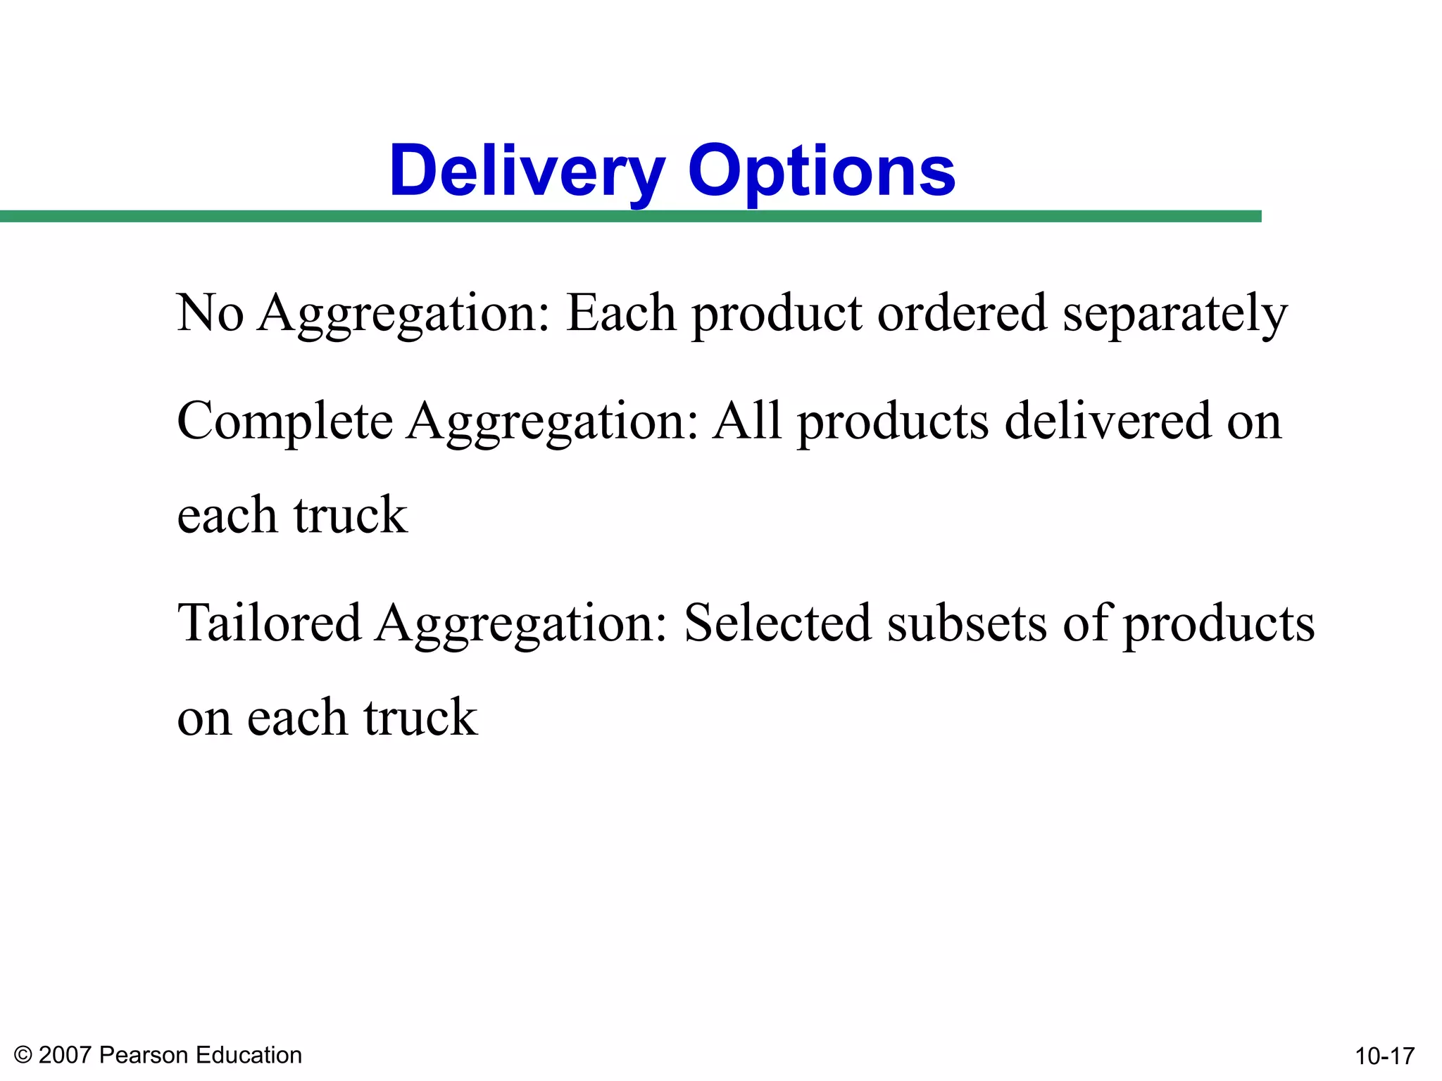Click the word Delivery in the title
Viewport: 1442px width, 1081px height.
click(x=527, y=171)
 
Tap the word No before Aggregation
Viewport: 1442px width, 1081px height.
click(x=211, y=312)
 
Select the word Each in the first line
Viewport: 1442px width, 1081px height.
click(x=621, y=312)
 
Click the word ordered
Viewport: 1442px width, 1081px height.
click(x=962, y=312)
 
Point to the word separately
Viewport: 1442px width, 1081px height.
click(x=1174, y=314)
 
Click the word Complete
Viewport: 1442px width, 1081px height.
click(x=284, y=422)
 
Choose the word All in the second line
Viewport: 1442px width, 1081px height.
click(x=747, y=420)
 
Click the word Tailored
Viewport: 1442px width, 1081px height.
click(x=269, y=623)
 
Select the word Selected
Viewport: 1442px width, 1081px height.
click(x=777, y=623)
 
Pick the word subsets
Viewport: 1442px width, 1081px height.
click(x=967, y=623)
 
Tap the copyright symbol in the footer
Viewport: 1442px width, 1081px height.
click(x=23, y=1055)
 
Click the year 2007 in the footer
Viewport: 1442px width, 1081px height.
click(x=65, y=1055)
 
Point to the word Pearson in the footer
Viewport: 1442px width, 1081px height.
click(x=144, y=1055)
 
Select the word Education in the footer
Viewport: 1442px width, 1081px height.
click(x=249, y=1055)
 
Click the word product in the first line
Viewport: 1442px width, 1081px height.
click(x=777, y=314)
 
